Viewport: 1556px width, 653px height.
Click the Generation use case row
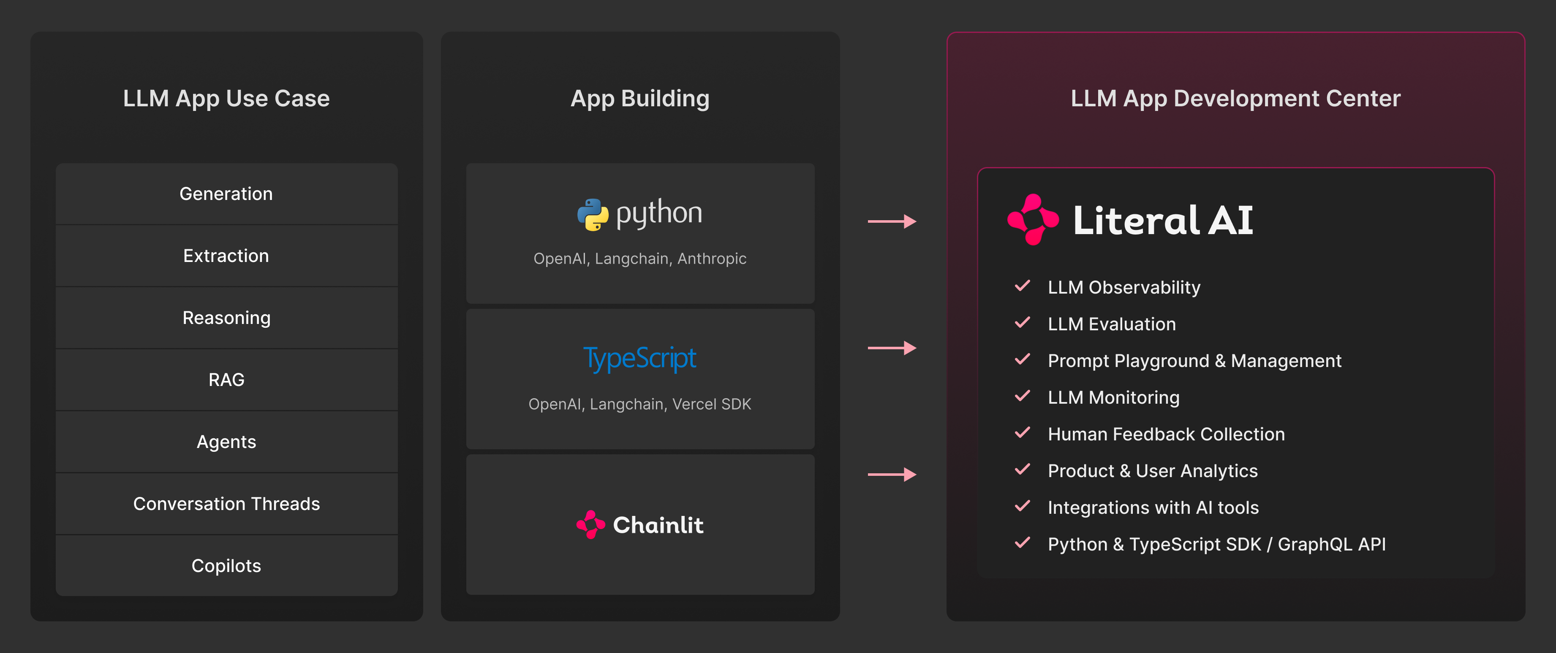226,194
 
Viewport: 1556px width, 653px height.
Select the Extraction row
226,256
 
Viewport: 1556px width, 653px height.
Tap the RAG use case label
226,380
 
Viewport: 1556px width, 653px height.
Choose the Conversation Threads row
226,504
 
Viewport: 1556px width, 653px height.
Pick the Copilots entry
226,566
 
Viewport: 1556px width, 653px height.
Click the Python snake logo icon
593,215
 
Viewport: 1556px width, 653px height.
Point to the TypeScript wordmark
639,359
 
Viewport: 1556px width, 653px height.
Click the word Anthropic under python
712,259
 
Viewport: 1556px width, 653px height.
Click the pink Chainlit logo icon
590,524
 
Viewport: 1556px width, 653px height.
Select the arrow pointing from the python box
892,221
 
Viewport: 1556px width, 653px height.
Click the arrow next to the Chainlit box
892,475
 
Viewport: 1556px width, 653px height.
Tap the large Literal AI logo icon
1033,219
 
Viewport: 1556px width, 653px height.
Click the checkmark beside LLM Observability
1022,286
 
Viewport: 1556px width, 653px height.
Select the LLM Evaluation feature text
1111,324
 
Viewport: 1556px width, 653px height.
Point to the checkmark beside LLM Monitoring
1022,397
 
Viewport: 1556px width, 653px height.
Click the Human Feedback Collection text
1166,434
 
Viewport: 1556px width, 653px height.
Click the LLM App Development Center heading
1235,98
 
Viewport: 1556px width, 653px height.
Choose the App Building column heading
640,98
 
